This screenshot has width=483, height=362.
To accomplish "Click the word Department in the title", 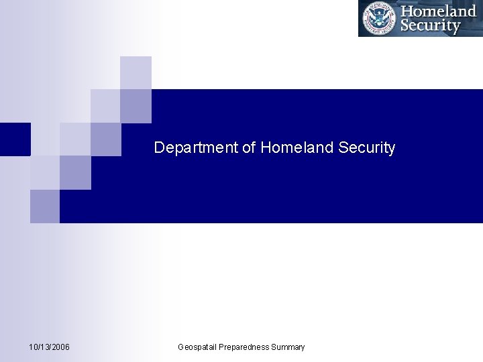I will (197, 148).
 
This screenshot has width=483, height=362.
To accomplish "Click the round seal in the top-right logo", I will (379, 18).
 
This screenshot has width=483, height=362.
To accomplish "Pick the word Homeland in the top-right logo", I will (438, 11).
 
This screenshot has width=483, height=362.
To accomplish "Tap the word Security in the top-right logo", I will (430, 26).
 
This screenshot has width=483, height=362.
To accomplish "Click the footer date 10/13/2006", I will (50, 347).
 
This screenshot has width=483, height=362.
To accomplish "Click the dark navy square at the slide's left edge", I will (15, 139).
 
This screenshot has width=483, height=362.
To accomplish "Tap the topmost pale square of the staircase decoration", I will (136, 72).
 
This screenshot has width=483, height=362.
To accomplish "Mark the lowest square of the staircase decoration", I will (44, 206).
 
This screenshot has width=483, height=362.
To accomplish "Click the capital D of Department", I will (159, 147).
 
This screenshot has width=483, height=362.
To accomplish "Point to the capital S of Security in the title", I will (343, 147).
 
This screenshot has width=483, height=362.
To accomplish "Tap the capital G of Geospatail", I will (181, 347).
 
